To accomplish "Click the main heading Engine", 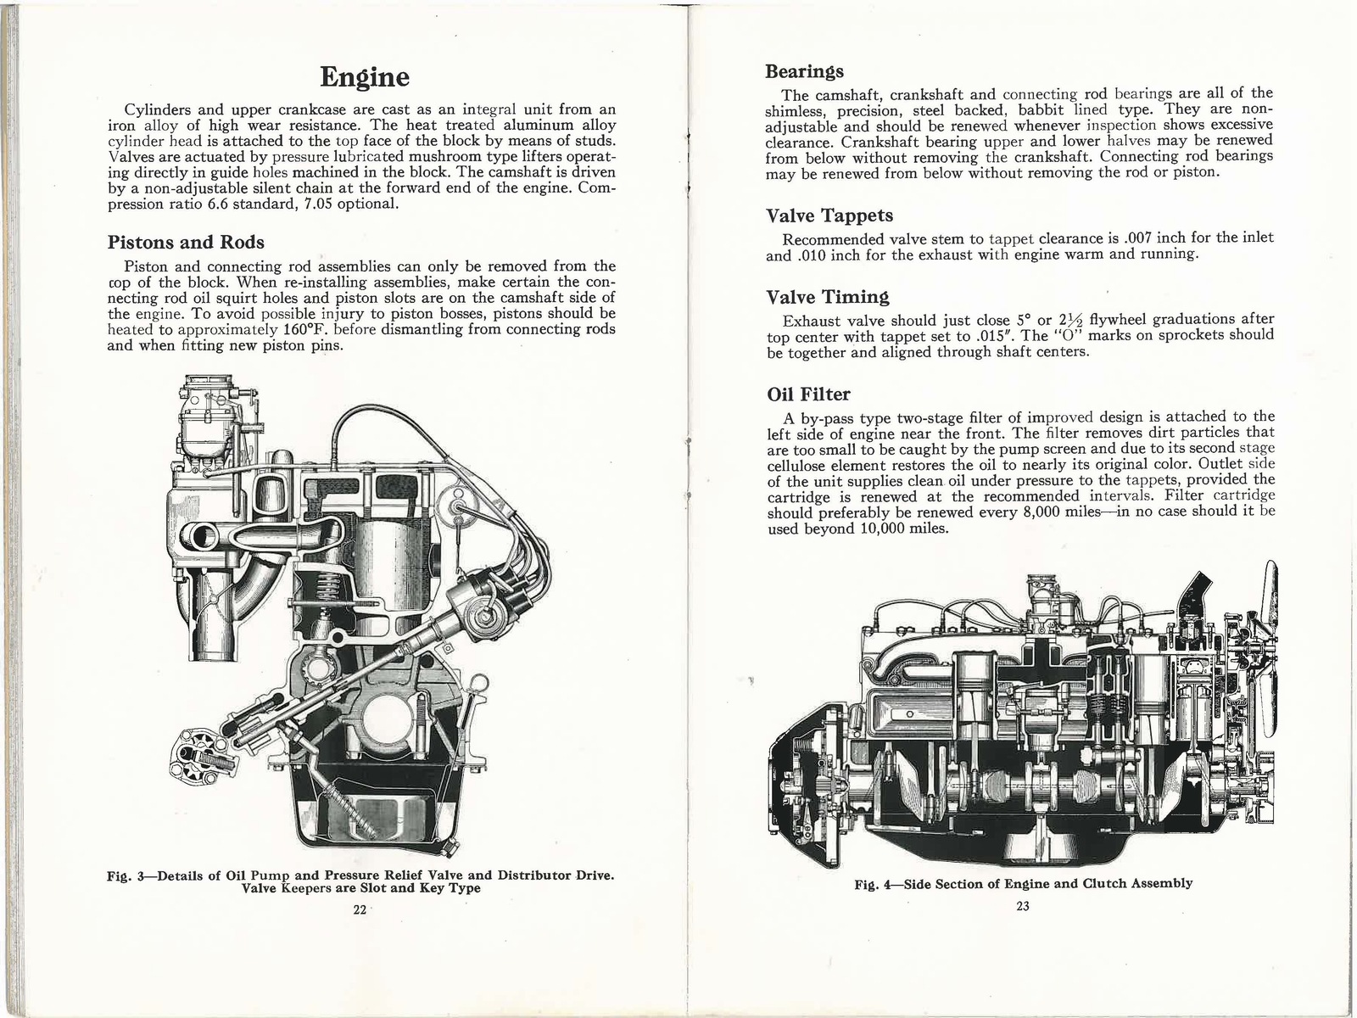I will point(366,77).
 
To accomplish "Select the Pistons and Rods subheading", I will point(186,243).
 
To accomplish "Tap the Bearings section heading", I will point(804,70).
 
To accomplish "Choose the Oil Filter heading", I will point(807,394).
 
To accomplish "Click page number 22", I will point(359,909).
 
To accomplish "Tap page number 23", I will point(1021,906).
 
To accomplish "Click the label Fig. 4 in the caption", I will point(874,883).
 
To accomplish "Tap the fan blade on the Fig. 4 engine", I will point(1270,653).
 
